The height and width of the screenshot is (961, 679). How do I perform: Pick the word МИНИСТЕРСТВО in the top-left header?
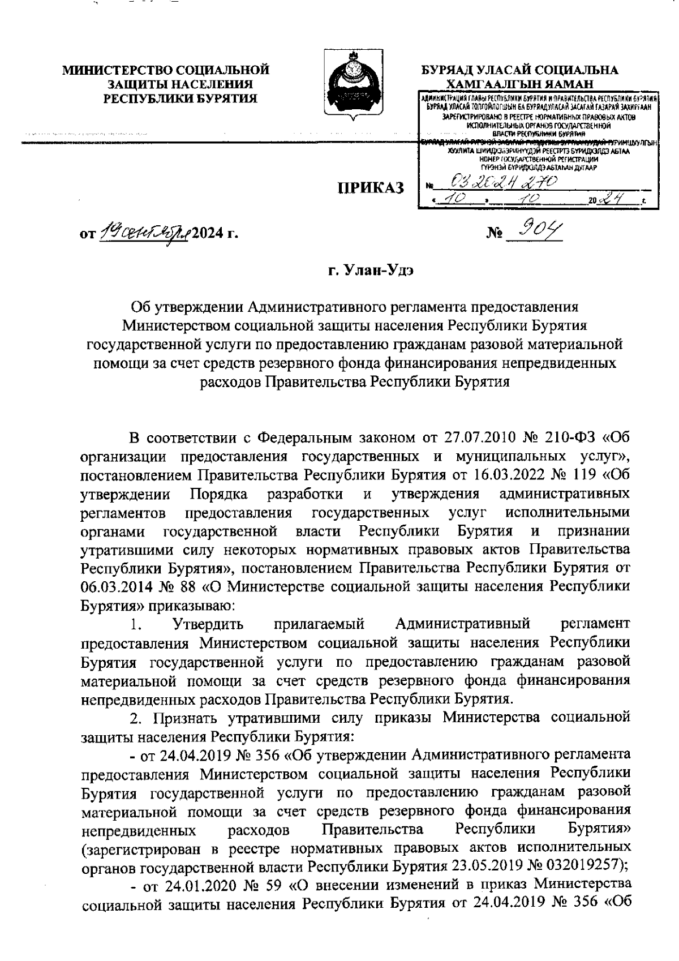click(118, 71)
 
